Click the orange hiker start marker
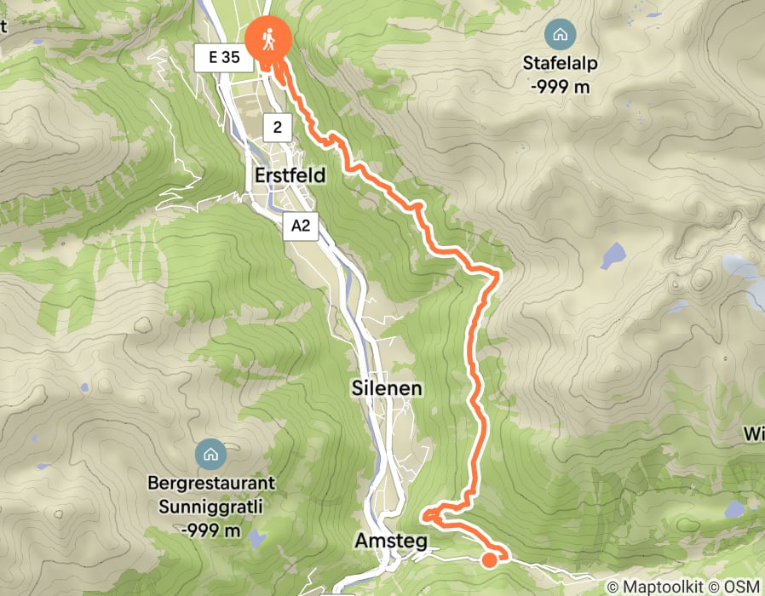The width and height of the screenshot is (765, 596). [268, 40]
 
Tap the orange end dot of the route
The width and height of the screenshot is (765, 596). [490, 559]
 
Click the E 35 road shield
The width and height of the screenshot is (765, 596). [223, 59]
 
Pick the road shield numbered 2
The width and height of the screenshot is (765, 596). [278, 128]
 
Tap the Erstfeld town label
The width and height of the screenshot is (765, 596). [290, 175]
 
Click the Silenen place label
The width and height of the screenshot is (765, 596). [387, 388]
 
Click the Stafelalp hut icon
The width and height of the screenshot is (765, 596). [561, 35]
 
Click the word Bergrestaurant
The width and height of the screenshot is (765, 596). [211, 483]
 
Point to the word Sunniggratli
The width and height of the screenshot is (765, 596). [211, 508]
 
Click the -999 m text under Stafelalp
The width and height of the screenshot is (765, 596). [561, 87]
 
